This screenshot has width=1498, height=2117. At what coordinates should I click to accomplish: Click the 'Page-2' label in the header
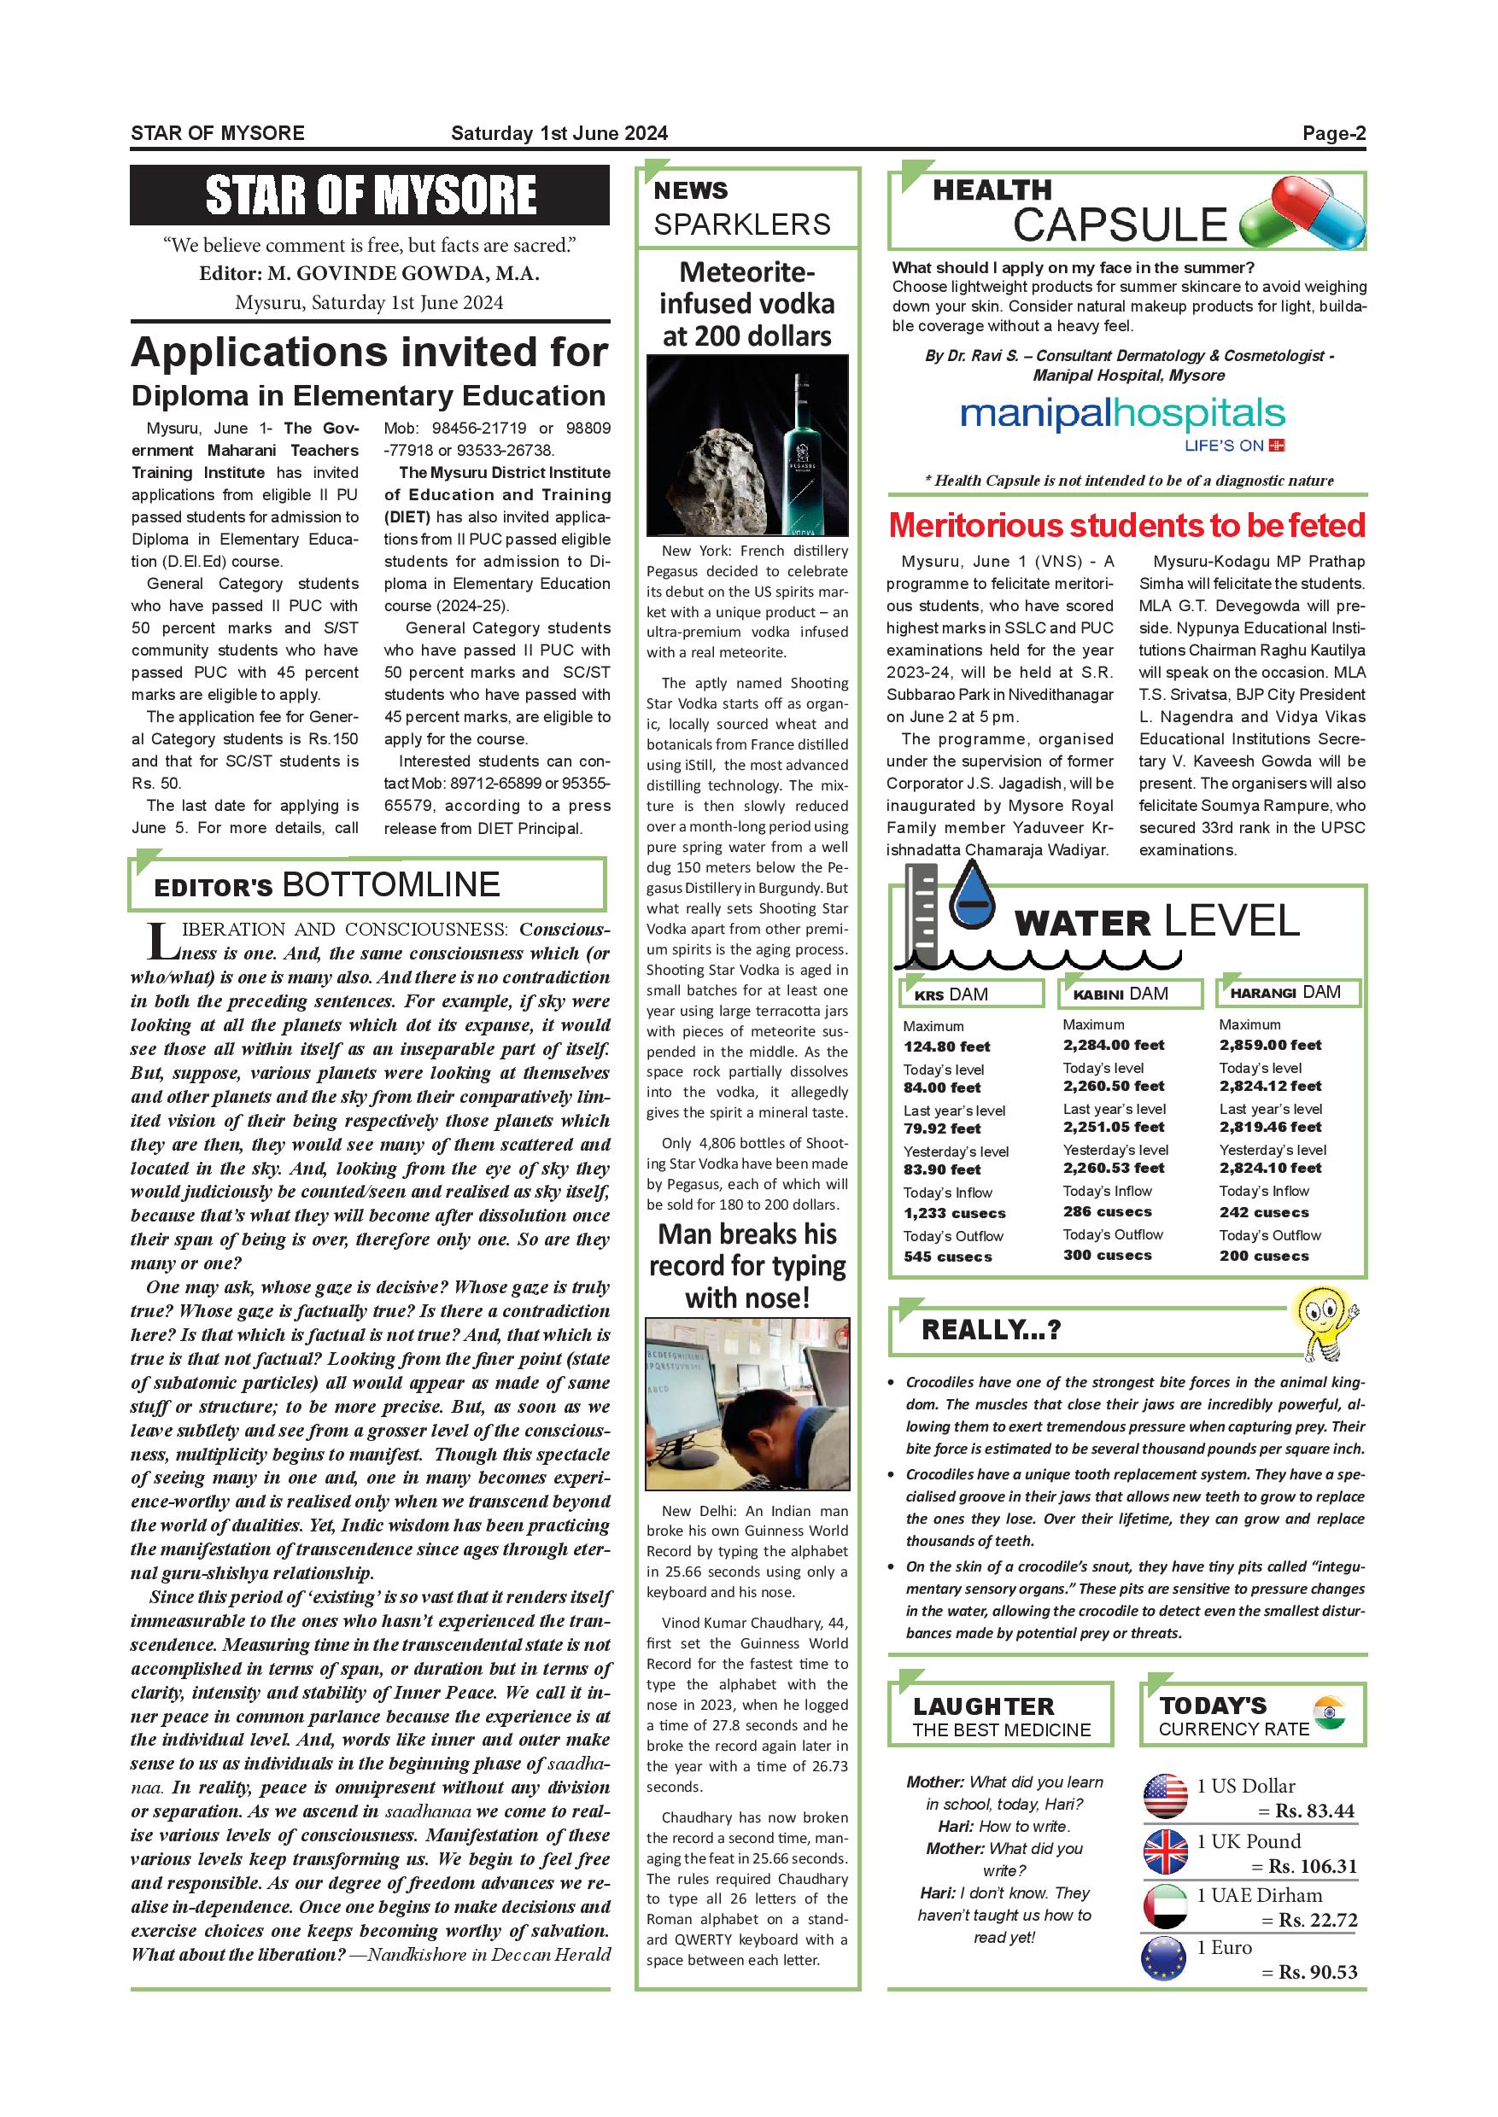click(x=1333, y=134)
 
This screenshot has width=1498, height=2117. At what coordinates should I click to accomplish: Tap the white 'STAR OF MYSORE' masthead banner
click(x=370, y=195)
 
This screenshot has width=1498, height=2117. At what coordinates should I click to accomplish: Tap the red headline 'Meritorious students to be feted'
click(x=1126, y=526)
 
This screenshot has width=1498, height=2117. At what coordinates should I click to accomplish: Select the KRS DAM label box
click(x=971, y=994)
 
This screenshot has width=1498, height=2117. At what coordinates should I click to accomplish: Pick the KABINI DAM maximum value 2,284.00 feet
click(x=1114, y=1045)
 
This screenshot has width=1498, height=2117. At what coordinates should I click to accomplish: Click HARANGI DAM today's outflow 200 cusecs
click(x=1264, y=1256)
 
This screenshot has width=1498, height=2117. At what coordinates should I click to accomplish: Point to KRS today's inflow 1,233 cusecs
click(x=954, y=1213)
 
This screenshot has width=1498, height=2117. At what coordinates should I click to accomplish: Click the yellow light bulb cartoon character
click(x=1325, y=1324)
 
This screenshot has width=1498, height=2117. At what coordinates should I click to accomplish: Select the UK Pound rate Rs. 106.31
click(x=1312, y=1866)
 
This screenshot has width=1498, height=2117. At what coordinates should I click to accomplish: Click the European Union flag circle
click(x=1164, y=1958)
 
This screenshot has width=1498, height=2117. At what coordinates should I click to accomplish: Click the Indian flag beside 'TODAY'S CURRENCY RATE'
click(x=1328, y=1712)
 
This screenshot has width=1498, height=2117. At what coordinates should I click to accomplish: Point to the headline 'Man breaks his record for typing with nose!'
click(x=747, y=1266)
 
